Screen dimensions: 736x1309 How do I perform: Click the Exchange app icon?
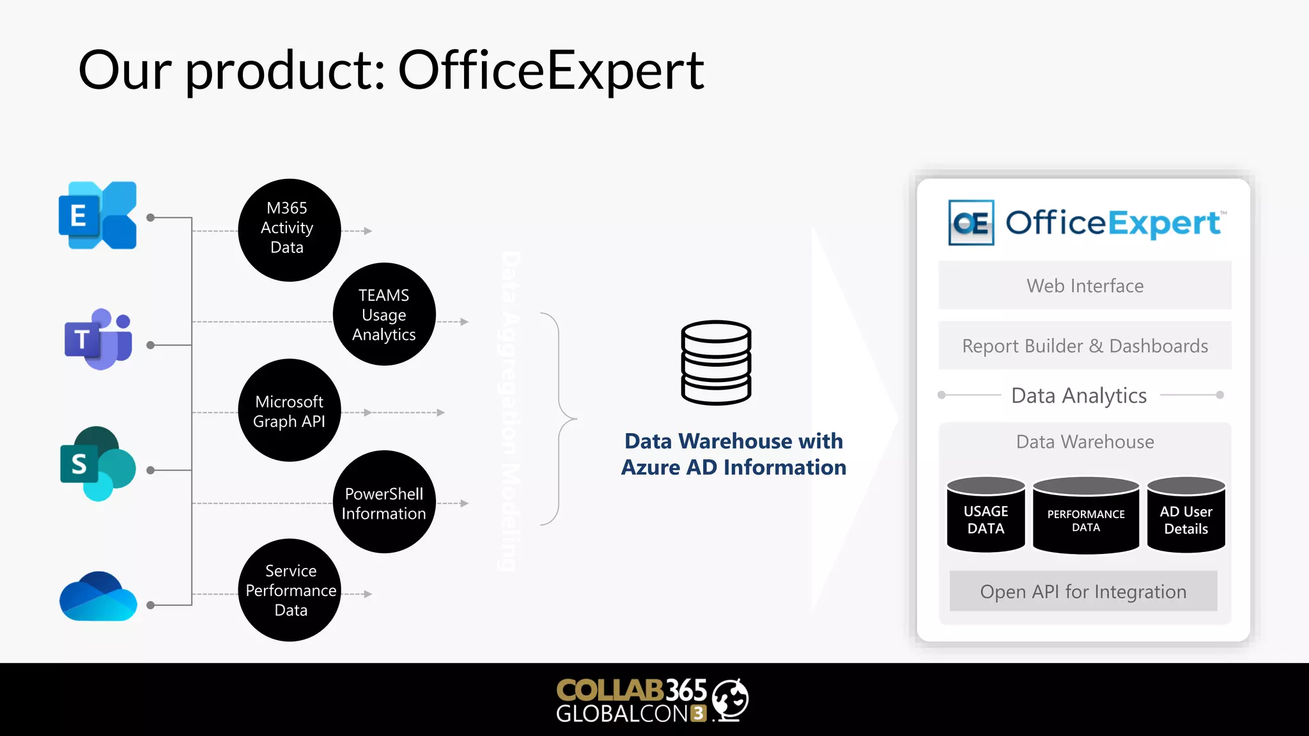[98, 215]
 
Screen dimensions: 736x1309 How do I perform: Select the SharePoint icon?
[98, 464]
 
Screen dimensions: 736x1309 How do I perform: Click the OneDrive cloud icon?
[98, 597]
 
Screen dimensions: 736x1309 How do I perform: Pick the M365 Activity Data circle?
[289, 230]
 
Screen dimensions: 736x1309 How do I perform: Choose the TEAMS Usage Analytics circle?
[384, 314]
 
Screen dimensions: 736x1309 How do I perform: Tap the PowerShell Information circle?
[384, 502]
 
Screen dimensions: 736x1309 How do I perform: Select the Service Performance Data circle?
[290, 590]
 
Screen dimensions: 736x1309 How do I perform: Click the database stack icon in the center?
[716, 362]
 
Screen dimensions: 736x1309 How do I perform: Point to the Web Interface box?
[1085, 286]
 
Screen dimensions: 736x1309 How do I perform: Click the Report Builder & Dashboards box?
[1085, 346]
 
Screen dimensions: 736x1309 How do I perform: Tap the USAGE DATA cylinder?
[986, 515]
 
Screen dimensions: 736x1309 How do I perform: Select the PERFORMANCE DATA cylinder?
[1086, 516]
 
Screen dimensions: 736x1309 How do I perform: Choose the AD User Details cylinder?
[1186, 515]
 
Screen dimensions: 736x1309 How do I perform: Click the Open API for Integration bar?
[1083, 592]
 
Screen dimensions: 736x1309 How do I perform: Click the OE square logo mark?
[971, 223]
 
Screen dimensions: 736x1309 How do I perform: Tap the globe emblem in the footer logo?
[731, 699]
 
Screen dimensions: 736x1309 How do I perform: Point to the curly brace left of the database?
[559, 419]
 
